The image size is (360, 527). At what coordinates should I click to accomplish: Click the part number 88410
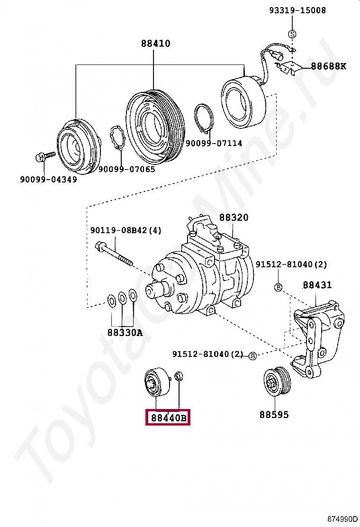[155, 44]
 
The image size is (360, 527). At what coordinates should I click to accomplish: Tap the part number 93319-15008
[297, 10]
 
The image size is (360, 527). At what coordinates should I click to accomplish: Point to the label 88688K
[328, 66]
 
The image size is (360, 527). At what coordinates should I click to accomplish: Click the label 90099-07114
[214, 143]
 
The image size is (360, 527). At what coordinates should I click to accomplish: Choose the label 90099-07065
[126, 169]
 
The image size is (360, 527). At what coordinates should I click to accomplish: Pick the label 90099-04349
[48, 179]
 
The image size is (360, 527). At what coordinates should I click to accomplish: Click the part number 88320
[234, 218]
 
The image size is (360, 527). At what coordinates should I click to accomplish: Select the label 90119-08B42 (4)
[126, 231]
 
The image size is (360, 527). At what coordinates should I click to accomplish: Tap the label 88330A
[125, 333]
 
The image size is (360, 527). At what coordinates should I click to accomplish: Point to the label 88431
[317, 285]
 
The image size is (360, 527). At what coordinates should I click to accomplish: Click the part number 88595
[274, 415]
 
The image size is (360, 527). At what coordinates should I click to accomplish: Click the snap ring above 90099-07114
[204, 119]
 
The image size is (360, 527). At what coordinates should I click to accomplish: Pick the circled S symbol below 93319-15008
[292, 34]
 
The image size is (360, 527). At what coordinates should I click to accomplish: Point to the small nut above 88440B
[180, 377]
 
